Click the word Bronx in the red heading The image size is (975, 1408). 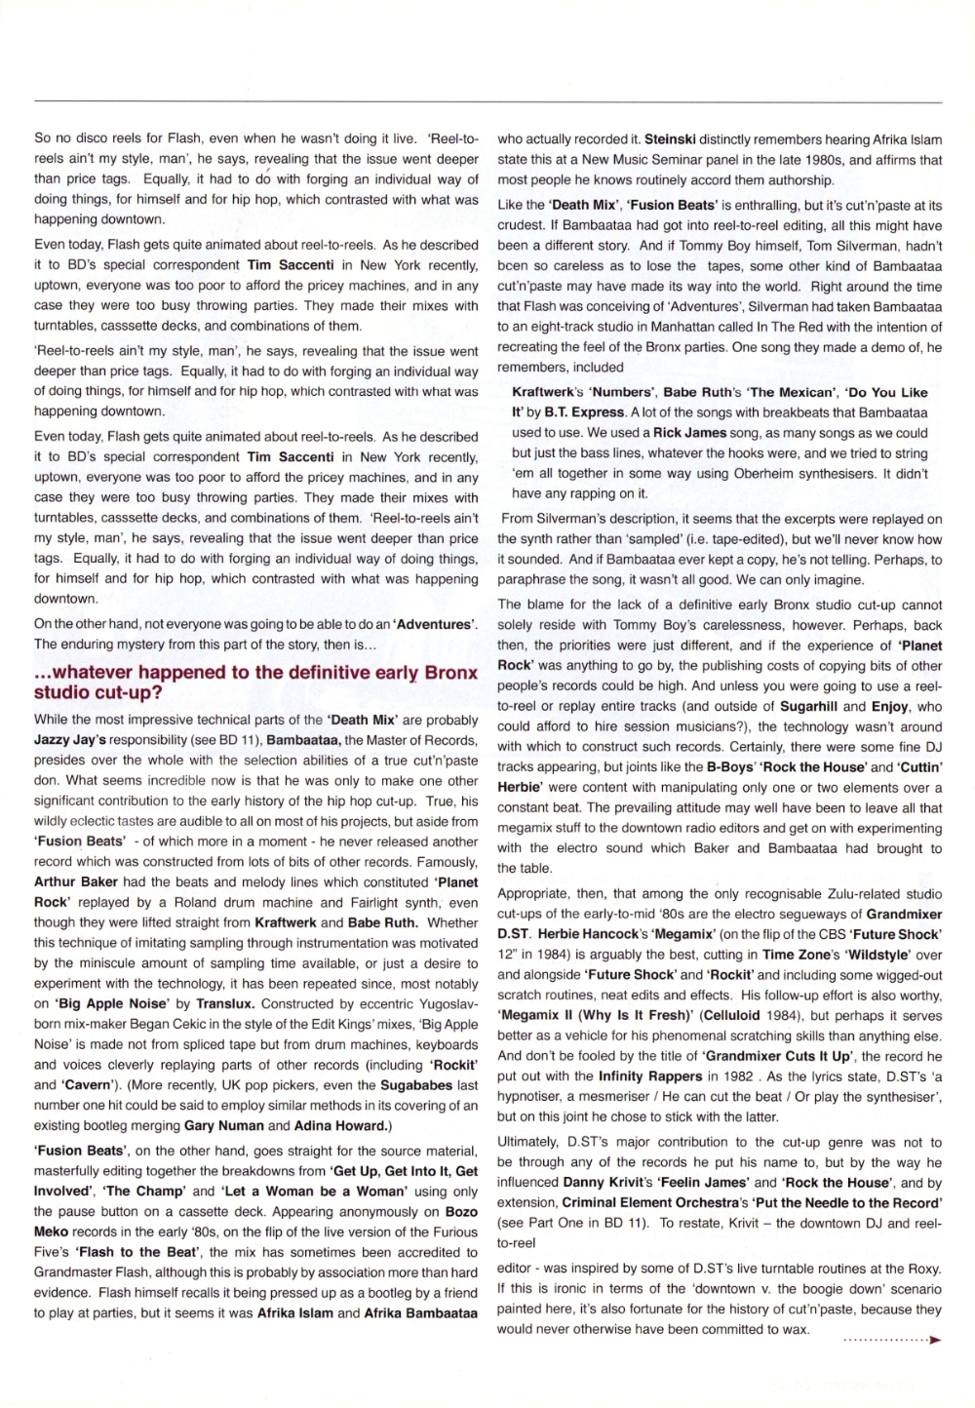[451, 673]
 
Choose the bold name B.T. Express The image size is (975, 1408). [569, 412]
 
